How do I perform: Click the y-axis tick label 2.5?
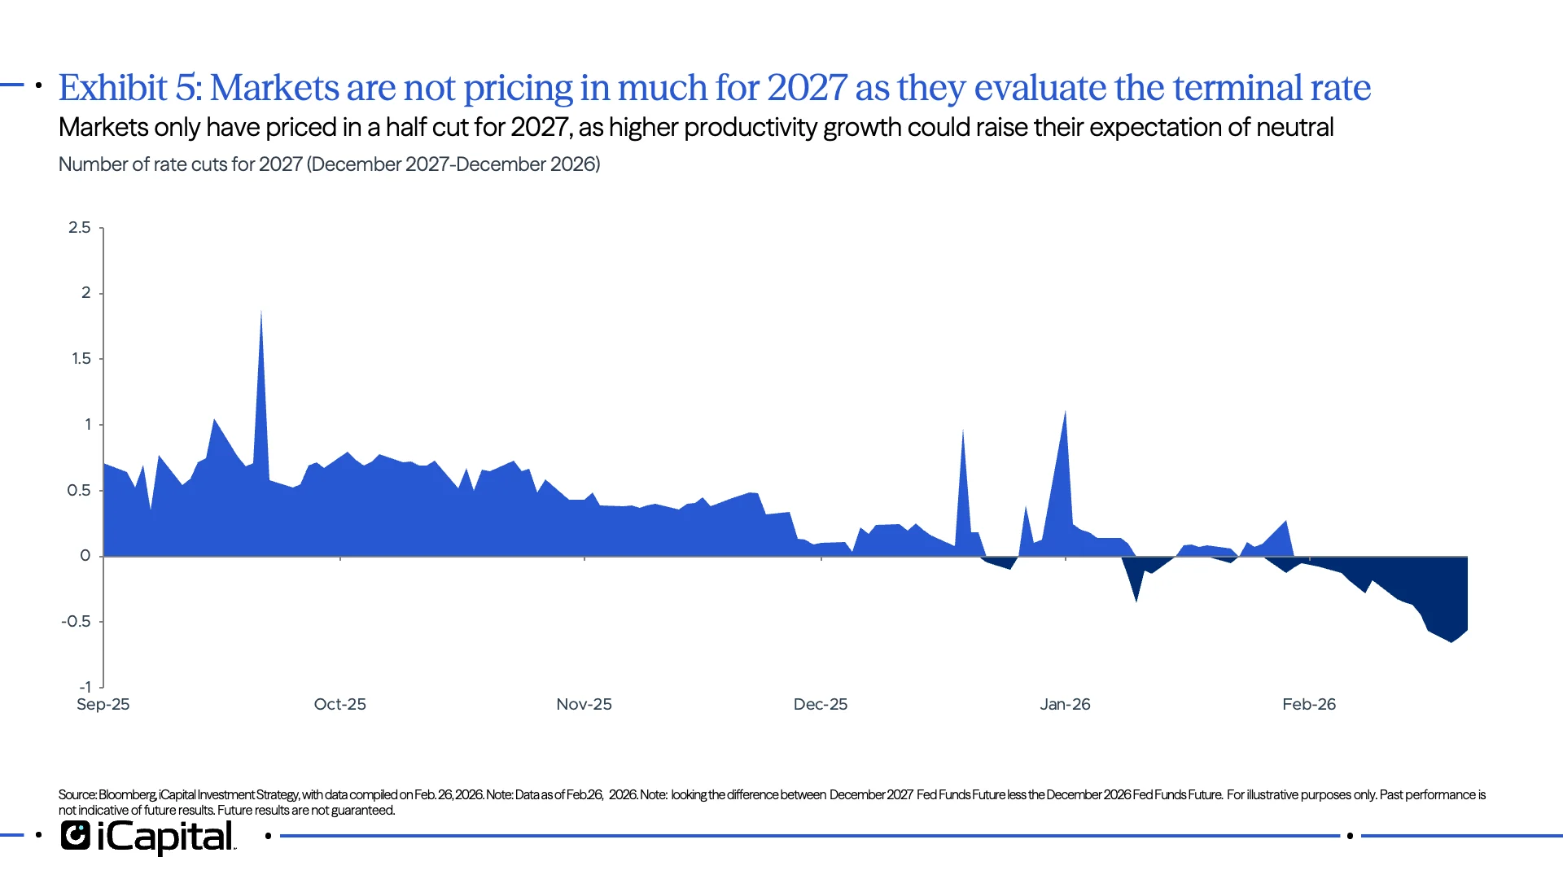tap(80, 228)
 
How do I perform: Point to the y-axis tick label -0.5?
tap(77, 622)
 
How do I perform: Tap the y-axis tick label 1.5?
tap(81, 359)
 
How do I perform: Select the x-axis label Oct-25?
tap(339, 705)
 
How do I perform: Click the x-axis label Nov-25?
tap(584, 705)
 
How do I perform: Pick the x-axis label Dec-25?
tap(821, 705)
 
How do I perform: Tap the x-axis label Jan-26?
tap(1065, 705)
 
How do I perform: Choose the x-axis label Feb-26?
tap(1309, 705)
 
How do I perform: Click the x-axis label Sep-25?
tap(103, 705)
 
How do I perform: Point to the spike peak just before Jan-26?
tap(1065, 413)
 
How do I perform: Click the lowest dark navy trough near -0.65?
tap(1451, 641)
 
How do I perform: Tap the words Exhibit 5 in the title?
tap(129, 88)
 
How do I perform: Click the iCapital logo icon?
tap(76, 836)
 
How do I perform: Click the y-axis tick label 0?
tap(85, 556)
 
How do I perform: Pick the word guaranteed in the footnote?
tap(363, 811)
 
